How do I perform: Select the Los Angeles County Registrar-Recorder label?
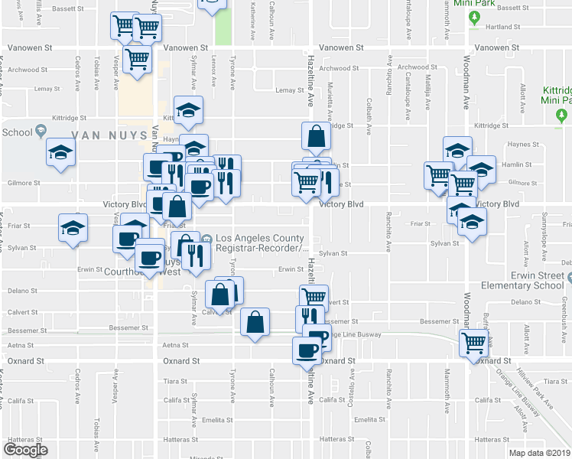[262, 243]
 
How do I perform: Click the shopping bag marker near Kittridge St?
[315, 138]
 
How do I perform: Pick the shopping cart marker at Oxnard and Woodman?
[474, 343]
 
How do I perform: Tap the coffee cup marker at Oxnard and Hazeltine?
[307, 350]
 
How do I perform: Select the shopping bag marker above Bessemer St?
[255, 323]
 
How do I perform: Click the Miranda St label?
[187, 457]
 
